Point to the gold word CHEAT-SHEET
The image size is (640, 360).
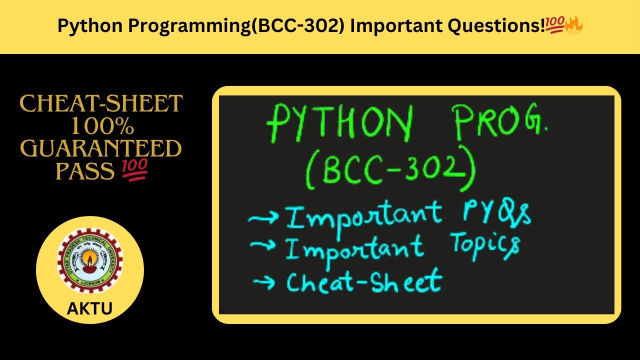[x=101, y=103]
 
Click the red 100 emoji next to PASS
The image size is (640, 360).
[x=134, y=171]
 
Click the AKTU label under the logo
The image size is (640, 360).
[x=90, y=308]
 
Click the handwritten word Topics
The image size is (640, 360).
[x=485, y=244]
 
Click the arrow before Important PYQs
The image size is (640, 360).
[x=264, y=219]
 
